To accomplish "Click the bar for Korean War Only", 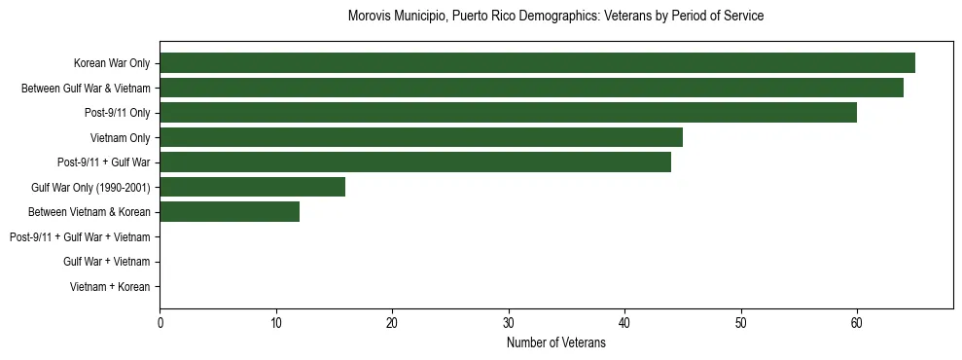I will click(x=537, y=63).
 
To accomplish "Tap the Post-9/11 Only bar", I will click(x=508, y=113).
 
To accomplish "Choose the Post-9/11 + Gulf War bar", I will click(x=415, y=162).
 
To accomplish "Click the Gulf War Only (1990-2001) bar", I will click(x=253, y=187).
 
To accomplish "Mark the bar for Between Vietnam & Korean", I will click(x=230, y=212).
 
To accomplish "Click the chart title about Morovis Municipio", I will click(x=555, y=17).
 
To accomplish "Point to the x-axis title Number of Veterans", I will click(x=555, y=342).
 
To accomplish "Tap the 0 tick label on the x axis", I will click(x=160, y=324).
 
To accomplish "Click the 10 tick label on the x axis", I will click(x=276, y=324).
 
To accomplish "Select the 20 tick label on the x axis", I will click(x=392, y=324).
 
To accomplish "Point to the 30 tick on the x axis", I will click(x=509, y=324).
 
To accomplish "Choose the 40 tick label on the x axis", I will click(x=624, y=324).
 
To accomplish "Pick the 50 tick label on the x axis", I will click(x=741, y=324).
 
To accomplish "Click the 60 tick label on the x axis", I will click(x=857, y=324).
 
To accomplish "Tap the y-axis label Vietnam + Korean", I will click(x=110, y=287).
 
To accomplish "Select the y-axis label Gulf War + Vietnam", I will click(x=107, y=262).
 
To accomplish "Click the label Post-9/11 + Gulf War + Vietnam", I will click(x=80, y=237).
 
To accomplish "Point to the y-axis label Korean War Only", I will click(x=112, y=64).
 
